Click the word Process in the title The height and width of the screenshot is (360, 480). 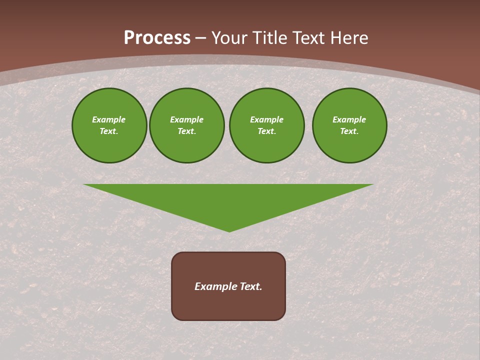click(x=157, y=38)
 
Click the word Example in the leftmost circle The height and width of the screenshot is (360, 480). click(x=109, y=119)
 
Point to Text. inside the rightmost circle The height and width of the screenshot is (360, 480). click(x=349, y=131)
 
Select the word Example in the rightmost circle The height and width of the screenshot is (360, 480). click(x=349, y=119)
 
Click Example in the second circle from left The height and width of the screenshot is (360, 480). click(x=186, y=119)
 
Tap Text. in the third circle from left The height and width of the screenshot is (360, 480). click(x=266, y=131)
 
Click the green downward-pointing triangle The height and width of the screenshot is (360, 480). click(x=229, y=200)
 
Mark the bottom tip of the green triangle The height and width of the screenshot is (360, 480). click(x=229, y=230)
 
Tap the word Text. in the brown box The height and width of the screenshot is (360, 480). click(x=250, y=286)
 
